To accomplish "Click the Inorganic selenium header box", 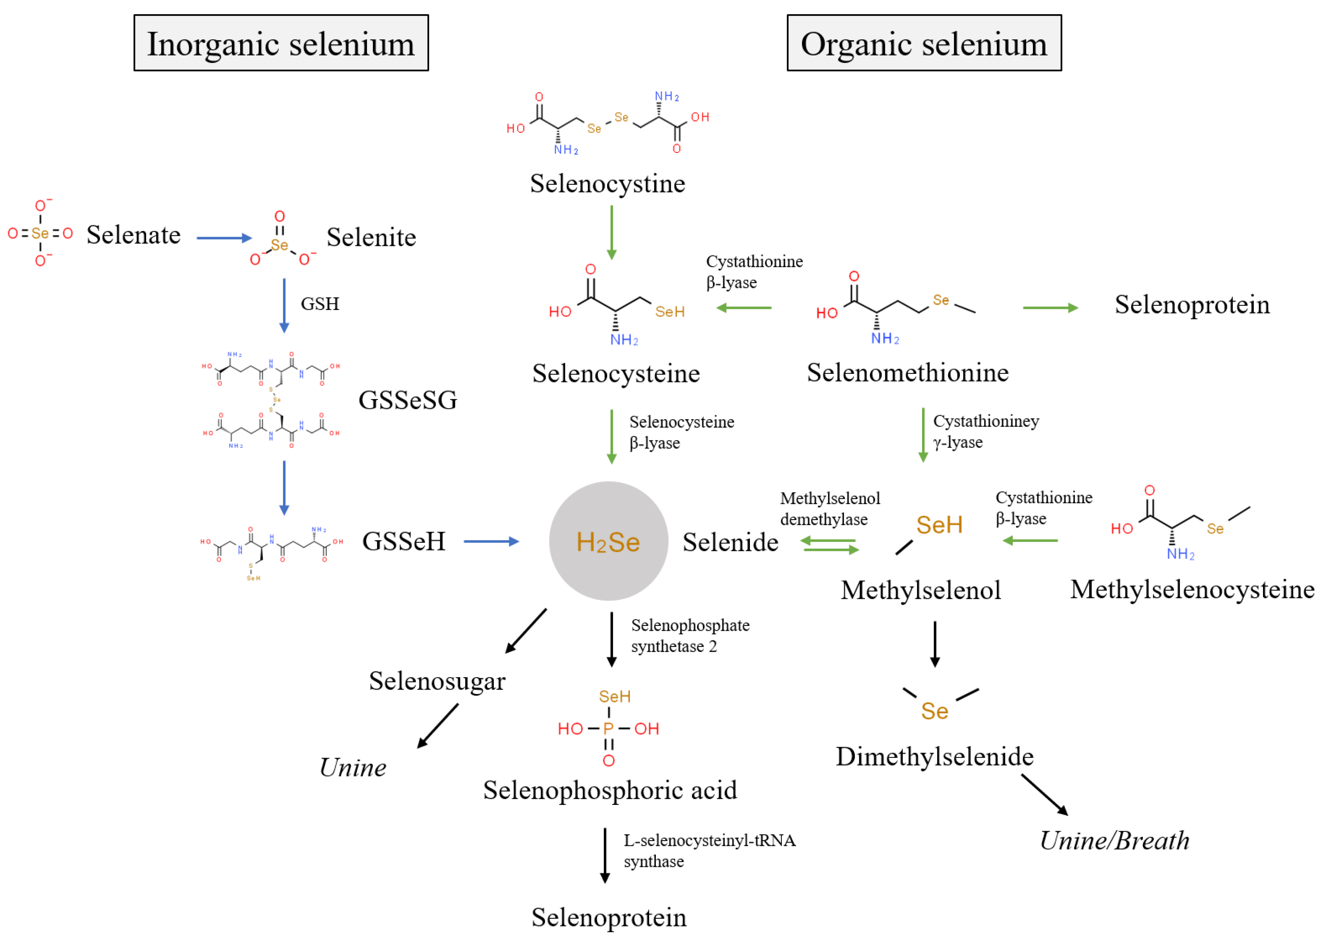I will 281,43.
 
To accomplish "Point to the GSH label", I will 319,304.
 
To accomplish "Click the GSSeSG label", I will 407,400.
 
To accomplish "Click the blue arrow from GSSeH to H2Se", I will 491,541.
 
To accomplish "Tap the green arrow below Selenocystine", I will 612,232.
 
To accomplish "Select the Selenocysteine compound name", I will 615,373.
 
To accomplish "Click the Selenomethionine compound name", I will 907,373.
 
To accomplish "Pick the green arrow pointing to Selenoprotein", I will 1050,308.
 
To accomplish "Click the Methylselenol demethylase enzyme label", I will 829,508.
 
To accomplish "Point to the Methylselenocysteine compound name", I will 1192,589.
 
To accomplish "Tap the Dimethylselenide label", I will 934,756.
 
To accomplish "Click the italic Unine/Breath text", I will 1114,841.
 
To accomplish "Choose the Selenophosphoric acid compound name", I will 610,790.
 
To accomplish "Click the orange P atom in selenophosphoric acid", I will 608,728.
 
